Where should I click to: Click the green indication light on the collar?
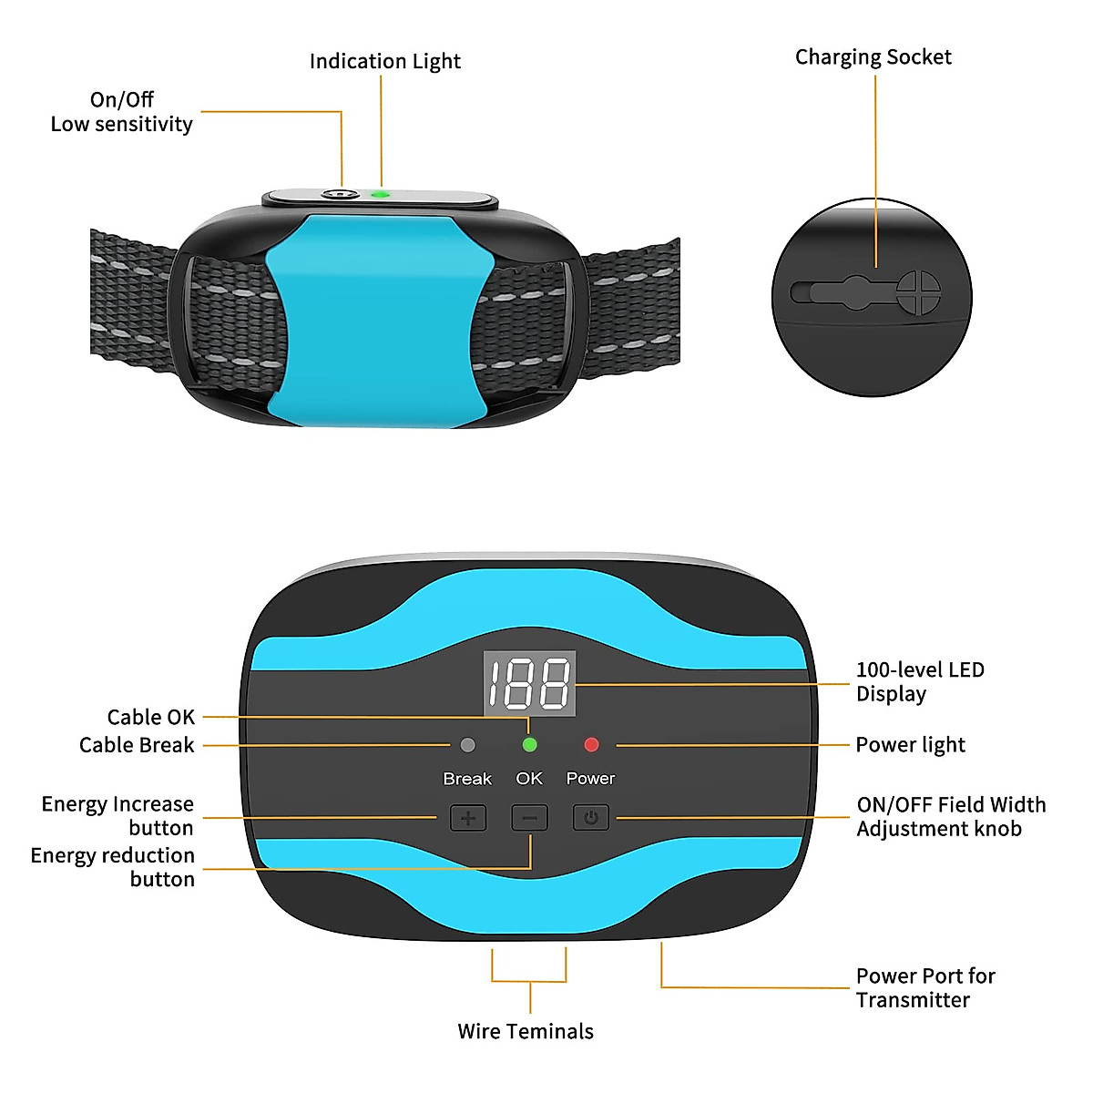click(381, 194)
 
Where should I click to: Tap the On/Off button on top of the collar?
click(339, 194)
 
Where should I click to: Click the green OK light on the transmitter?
click(529, 745)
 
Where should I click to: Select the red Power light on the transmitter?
click(591, 745)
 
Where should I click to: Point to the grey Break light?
click(468, 745)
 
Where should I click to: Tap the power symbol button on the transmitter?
click(590, 818)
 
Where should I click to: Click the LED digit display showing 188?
click(529, 683)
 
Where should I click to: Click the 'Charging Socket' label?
click(873, 57)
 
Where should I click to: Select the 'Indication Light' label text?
click(384, 61)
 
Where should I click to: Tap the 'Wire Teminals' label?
click(526, 1031)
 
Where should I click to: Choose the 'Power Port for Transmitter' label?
click(925, 988)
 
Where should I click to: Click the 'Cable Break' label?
click(137, 745)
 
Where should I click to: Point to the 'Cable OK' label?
click(151, 717)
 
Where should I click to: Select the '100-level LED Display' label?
click(920, 681)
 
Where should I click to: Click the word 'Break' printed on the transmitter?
click(467, 779)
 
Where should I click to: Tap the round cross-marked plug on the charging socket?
click(918, 291)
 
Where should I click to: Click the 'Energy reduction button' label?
click(113, 867)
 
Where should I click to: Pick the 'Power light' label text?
click(910, 745)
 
